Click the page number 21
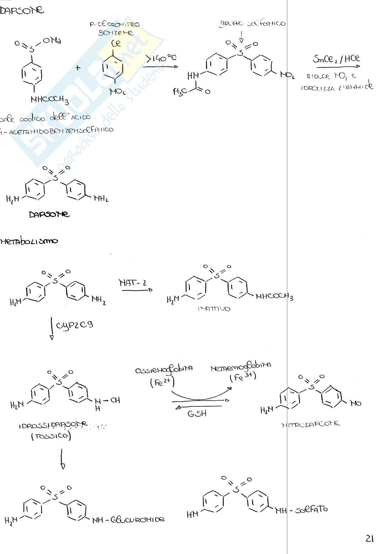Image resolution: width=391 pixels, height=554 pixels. coord(369,539)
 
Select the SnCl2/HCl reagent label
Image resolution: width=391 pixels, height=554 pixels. coord(336,59)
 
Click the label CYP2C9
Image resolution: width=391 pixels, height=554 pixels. coord(74,325)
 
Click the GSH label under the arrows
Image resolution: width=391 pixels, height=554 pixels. coord(197,414)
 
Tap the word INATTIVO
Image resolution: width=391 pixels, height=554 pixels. coord(214,309)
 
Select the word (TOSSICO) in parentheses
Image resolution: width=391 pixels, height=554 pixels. coord(51,436)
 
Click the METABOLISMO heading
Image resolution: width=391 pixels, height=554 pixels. coord(29,241)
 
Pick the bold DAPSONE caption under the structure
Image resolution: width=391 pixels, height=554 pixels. coord(49,214)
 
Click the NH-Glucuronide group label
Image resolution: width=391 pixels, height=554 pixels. coord(128,520)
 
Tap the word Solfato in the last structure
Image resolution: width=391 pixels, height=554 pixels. coord(311,509)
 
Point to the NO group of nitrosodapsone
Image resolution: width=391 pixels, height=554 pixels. coord(355,403)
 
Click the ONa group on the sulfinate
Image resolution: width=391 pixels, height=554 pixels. coord(52,41)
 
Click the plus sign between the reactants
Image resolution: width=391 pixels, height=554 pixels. coord(78,67)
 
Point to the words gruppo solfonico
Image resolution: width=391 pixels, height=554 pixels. coord(252,24)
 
